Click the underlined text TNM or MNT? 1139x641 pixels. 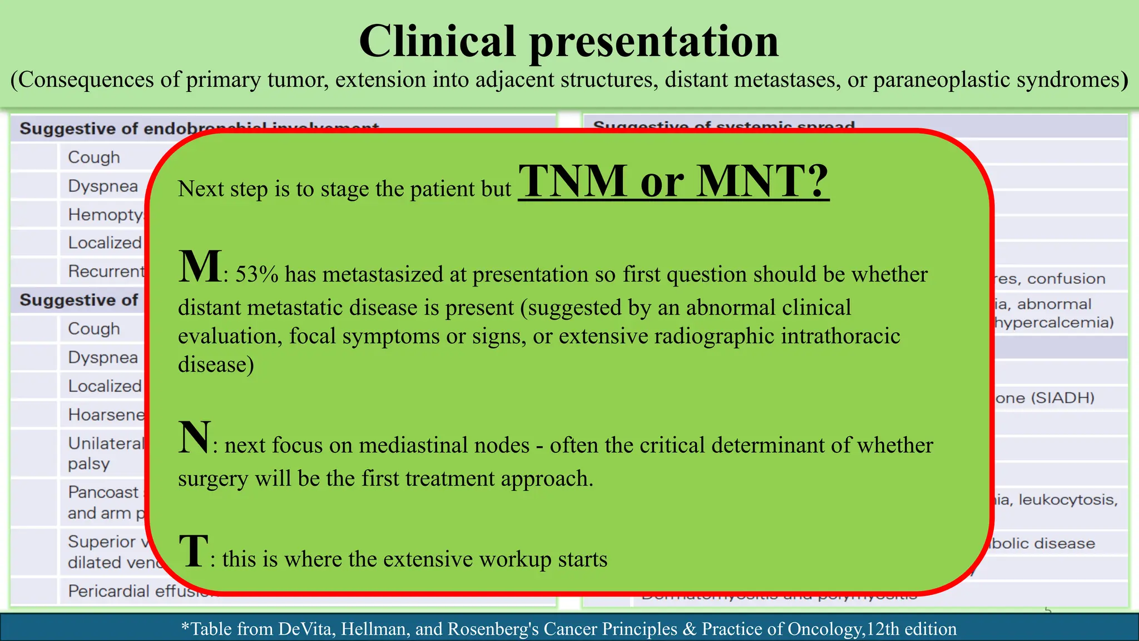(673, 181)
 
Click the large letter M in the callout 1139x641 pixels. (199, 267)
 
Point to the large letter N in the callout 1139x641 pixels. (194, 437)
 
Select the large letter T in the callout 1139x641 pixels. (194, 551)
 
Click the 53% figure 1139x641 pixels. (257, 275)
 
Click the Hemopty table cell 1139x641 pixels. (105, 215)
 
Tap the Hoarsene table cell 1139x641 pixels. (106, 415)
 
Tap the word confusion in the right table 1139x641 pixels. (1066, 279)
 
